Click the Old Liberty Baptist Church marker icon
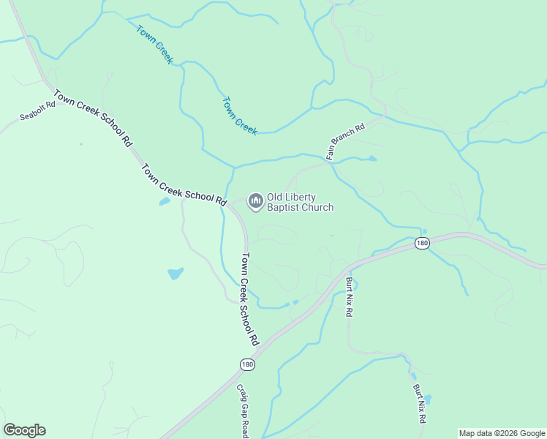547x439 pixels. (255, 200)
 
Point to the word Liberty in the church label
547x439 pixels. (303, 197)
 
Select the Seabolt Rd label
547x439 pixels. (38, 110)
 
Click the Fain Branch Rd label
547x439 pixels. (345, 141)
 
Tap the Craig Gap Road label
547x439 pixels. (243, 411)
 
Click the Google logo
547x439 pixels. (24, 430)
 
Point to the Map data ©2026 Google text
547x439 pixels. (501, 433)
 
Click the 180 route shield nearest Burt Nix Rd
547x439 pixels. (422, 243)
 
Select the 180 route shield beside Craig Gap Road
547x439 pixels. (248, 364)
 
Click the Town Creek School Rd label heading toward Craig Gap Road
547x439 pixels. (250, 299)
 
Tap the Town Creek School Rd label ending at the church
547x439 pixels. (184, 184)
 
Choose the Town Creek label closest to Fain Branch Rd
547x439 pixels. (240, 116)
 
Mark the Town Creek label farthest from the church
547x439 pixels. (154, 45)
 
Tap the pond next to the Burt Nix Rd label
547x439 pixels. (428, 399)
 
